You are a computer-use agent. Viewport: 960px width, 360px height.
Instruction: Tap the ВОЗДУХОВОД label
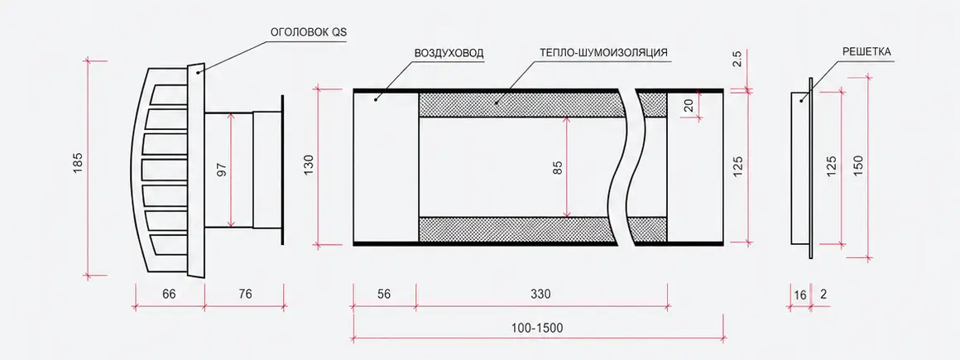pos(449,53)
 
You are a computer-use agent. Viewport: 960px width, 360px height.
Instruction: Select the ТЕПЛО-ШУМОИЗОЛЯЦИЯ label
pos(603,53)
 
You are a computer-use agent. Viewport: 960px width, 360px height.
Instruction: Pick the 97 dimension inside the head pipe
pos(222,170)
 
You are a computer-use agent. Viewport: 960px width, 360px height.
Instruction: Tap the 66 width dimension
pos(169,294)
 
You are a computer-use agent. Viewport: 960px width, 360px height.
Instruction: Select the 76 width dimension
pos(244,294)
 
